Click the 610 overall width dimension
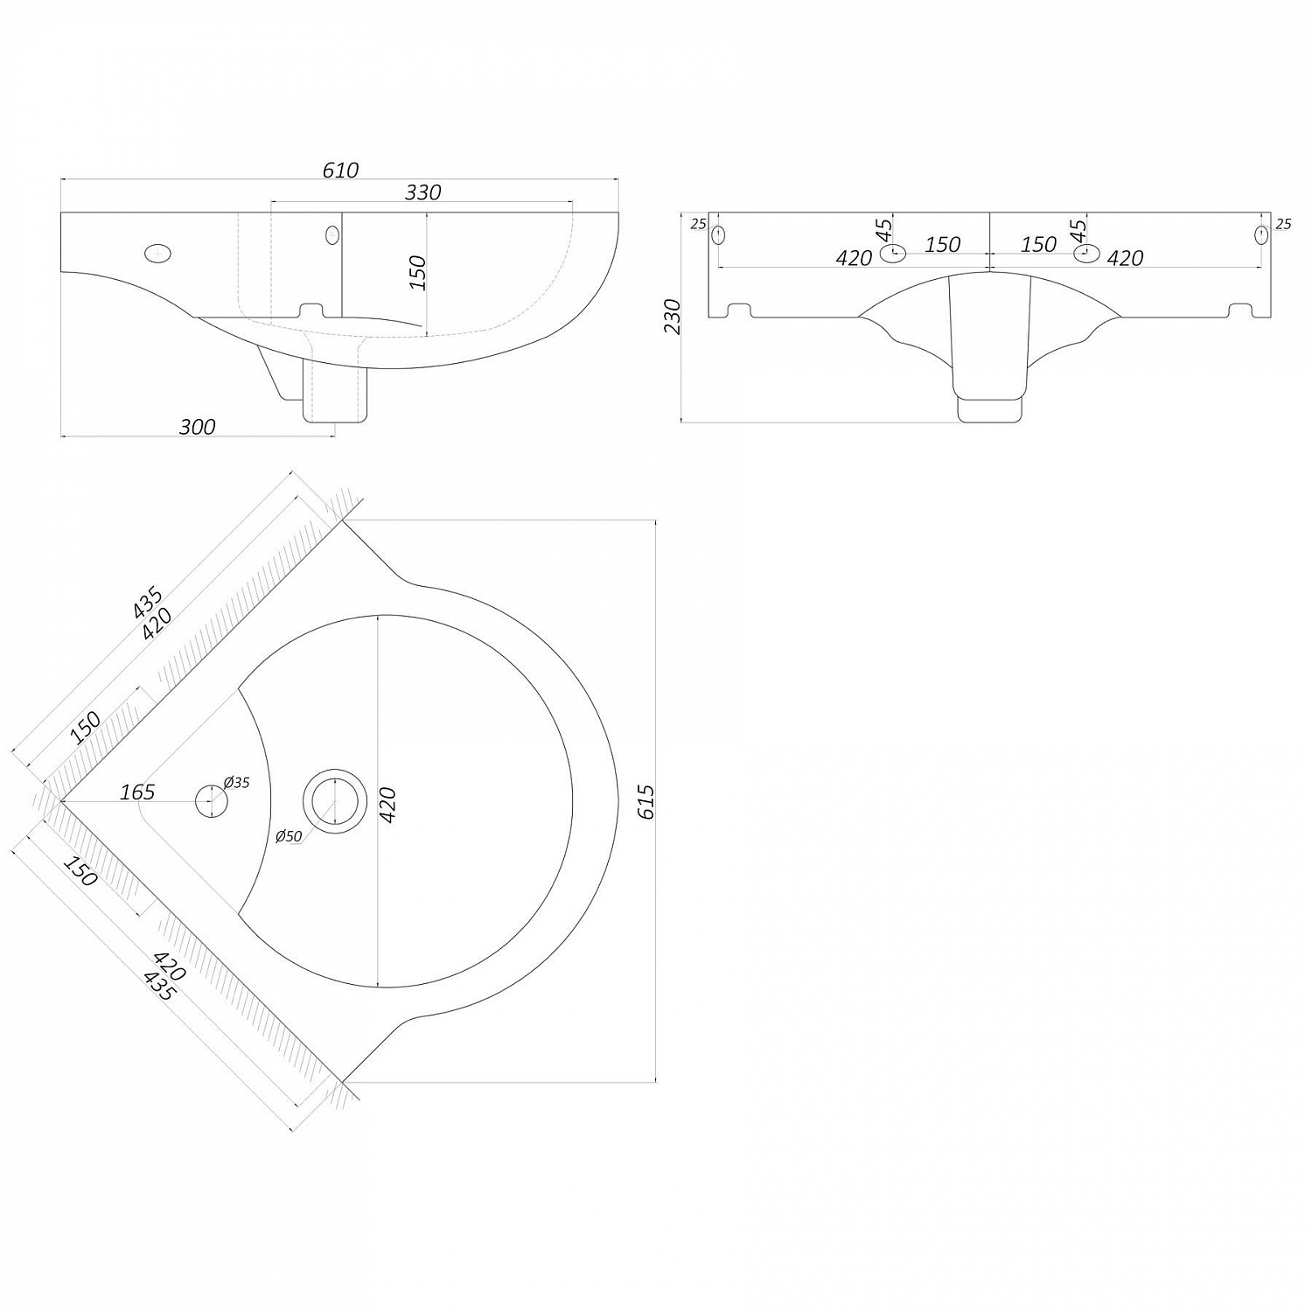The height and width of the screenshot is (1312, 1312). [x=340, y=170]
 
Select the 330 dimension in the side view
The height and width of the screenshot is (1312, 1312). [x=422, y=192]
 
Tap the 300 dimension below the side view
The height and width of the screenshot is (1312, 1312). [x=197, y=427]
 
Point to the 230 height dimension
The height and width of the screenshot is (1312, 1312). [x=672, y=317]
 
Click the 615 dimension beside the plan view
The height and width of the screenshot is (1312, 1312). [x=646, y=801]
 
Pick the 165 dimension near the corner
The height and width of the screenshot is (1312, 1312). [x=137, y=792]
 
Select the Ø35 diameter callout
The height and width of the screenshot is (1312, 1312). [x=236, y=783]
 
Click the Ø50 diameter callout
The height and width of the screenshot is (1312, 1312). [x=288, y=836]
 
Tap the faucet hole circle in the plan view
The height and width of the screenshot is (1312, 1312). [x=210, y=801]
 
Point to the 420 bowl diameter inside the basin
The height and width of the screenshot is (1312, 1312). [x=387, y=804]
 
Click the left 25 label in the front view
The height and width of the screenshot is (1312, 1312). [x=697, y=224]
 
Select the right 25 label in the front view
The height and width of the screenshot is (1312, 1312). [x=1282, y=224]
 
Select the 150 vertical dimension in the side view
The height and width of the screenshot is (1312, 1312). [x=417, y=272]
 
